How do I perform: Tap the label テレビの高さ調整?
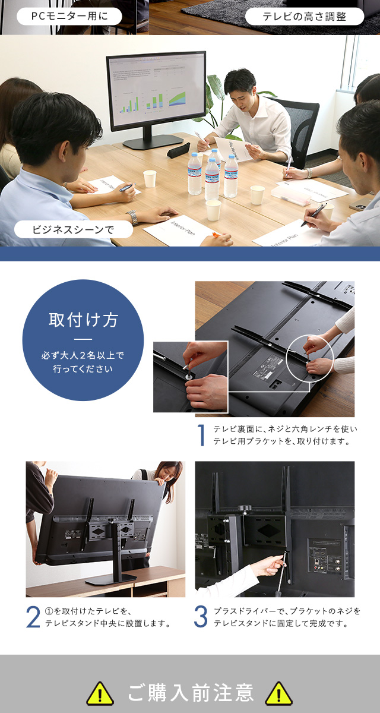tap(304, 16)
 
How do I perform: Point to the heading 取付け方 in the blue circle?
tap(83, 320)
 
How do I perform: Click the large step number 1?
tap(201, 435)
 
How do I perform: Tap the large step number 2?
tap(33, 617)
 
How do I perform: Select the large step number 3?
tap(201, 617)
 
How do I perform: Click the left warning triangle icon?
tap(100, 693)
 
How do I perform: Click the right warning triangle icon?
tap(278, 693)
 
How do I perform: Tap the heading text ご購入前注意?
tap(190, 693)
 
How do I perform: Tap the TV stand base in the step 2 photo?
tap(110, 578)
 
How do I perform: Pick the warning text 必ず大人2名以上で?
tap(83, 356)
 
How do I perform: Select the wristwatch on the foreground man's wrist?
tap(132, 217)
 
